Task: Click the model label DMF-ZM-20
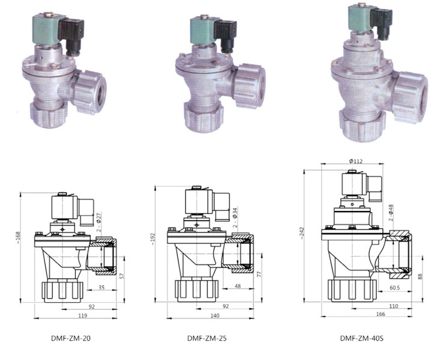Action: [71, 338]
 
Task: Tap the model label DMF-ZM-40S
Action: [361, 338]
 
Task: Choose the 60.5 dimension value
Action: [396, 288]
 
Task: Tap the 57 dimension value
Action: [121, 276]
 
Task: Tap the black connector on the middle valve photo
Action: [227, 35]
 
